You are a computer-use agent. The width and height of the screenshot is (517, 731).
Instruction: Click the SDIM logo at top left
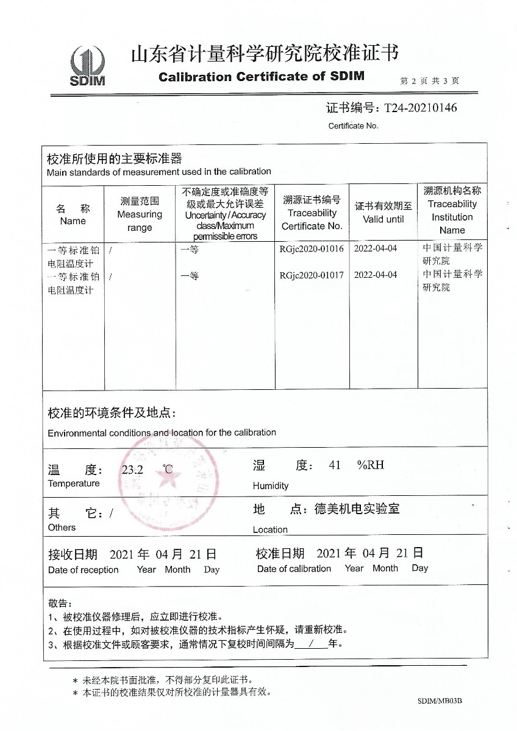point(88,66)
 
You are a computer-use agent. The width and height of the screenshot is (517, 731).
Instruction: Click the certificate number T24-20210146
point(420,108)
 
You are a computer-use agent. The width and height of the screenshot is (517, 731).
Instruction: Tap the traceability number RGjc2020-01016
point(312,249)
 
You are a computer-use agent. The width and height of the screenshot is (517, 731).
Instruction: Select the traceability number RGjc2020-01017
point(312,275)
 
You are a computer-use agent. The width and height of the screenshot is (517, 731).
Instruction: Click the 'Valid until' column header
point(383,213)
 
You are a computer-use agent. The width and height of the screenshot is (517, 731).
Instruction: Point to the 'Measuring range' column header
point(140,214)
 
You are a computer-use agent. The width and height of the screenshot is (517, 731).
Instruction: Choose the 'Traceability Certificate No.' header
point(312,213)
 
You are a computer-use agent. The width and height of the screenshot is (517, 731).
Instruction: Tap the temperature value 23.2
point(132,470)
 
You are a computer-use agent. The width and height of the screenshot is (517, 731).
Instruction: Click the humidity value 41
point(335,465)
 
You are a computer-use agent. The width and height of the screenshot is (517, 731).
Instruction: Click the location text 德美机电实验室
point(357,509)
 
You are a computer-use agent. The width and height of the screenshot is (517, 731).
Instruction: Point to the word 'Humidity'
point(271,486)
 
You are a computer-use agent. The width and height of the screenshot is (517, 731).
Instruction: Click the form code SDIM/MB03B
point(440,701)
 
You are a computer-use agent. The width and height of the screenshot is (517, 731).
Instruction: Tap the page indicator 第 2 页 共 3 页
point(430,80)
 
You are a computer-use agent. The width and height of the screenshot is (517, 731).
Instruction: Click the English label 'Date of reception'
point(84,570)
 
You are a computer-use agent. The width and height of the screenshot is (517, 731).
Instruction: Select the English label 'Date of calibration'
point(294,569)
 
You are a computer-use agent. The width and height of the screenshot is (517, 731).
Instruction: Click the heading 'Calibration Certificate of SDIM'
point(261,77)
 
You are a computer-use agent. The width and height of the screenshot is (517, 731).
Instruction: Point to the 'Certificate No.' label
point(354,126)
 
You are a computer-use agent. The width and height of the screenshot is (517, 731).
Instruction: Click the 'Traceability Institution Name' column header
point(452,210)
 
